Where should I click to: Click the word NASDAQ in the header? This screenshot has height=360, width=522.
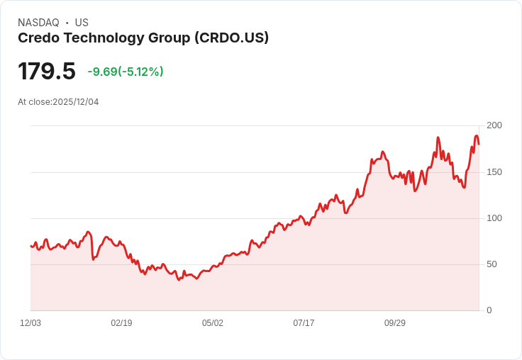tap(38, 23)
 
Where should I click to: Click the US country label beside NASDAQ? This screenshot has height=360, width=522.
tap(82, 23)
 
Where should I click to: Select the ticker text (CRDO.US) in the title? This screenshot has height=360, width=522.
tap(232, 38)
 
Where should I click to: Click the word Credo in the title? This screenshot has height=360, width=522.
tap(38, 38)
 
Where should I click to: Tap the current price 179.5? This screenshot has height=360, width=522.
tap(47, 72)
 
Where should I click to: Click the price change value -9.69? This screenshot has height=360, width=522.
tap(102, 72)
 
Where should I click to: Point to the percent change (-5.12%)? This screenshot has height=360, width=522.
tap(141, 72)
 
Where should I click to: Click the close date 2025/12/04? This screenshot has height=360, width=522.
tap(76, 102)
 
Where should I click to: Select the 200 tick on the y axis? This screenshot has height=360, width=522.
tap(494, 125)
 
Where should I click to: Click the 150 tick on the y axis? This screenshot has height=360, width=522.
tap(494, 172)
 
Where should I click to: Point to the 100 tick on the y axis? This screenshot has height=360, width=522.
tap(494, 218)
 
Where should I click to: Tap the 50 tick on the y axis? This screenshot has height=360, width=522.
tap(492, 264)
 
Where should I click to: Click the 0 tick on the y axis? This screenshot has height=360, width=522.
tap(489, 310)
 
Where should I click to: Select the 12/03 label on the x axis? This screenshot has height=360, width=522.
tap(30, 323)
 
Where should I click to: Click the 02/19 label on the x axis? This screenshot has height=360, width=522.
tap(121, 323)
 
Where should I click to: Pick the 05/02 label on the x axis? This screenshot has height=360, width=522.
tap(213, 323)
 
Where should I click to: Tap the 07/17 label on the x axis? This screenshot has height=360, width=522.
tap(304, 323)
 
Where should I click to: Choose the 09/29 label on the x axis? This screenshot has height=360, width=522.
tap(395, 323)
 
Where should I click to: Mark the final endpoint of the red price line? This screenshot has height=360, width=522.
tap(479, 144)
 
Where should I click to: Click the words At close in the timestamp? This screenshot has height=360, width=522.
tap(34, 102)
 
